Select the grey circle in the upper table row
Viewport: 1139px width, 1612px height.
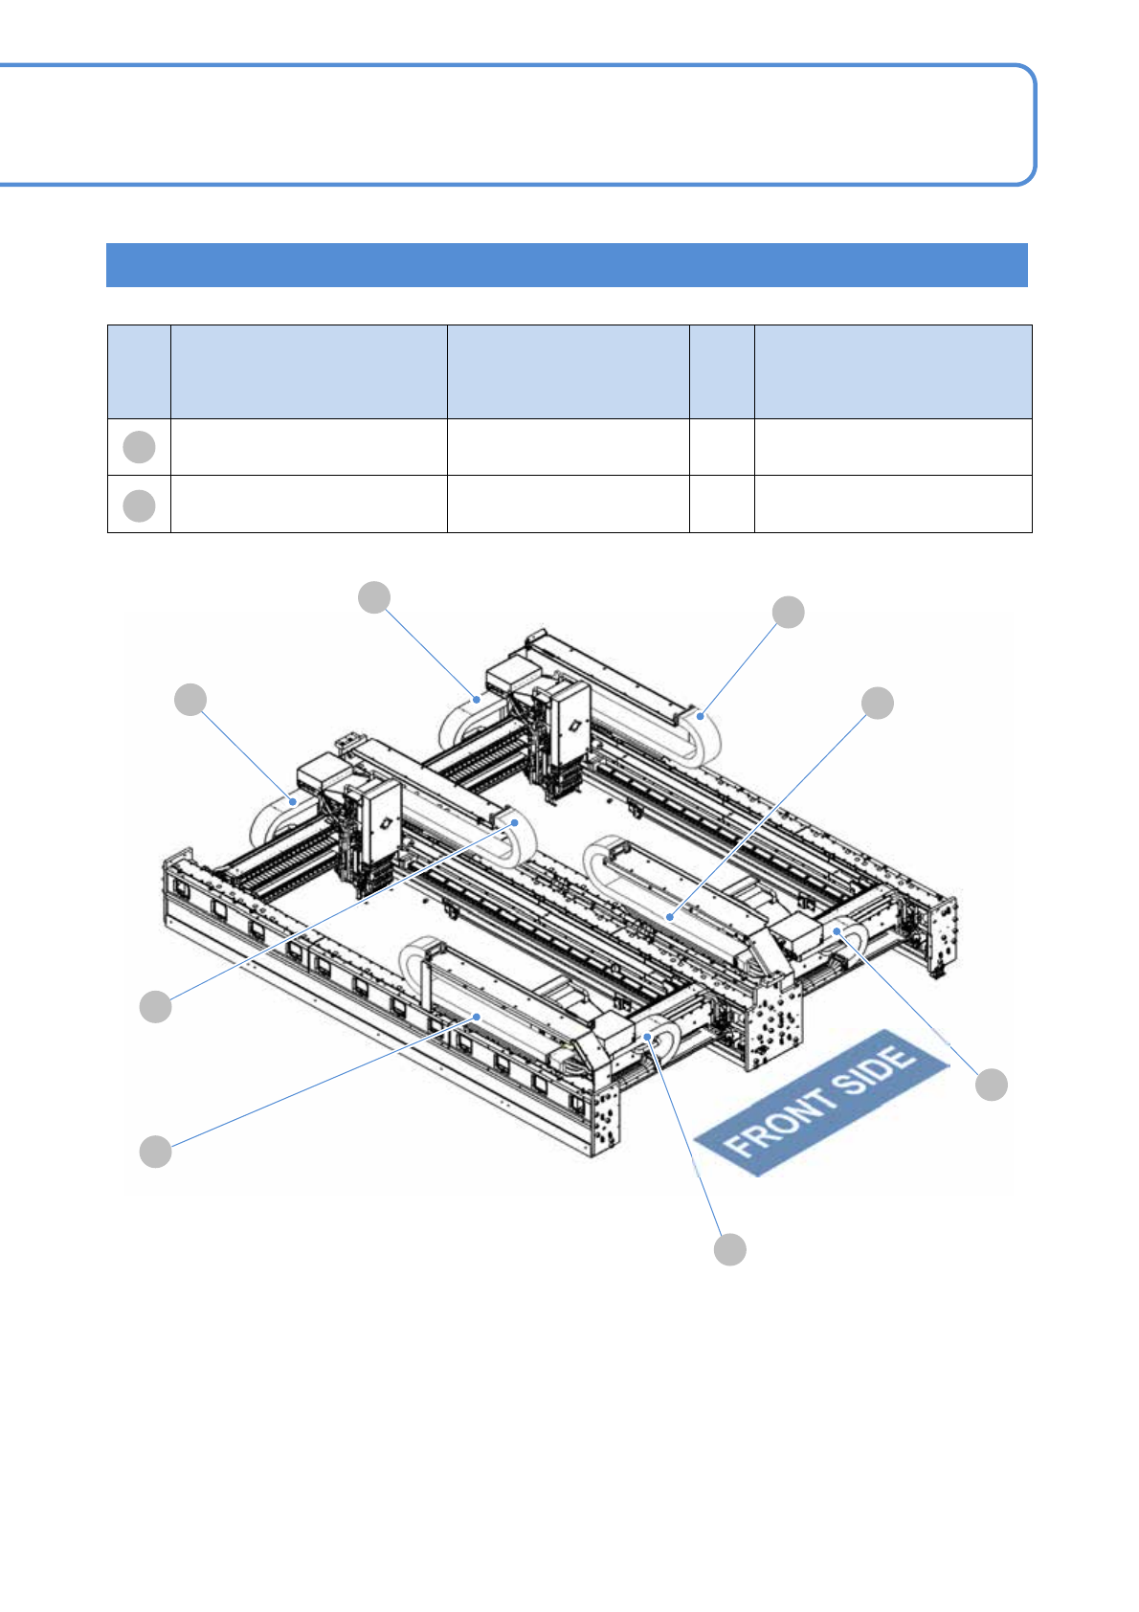click(x=139, y=447)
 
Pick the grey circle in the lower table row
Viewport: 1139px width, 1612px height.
click(x=139, y=505)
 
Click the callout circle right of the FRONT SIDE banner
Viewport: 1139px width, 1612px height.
click(x=991, y=1085)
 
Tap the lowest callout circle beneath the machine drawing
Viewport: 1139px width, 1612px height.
click(x=729, y=1249)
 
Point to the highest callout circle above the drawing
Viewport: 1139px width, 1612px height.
click(x=374, y=597)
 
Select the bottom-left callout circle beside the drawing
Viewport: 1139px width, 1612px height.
click(x=155, y=1152)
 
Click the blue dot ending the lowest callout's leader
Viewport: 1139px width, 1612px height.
click(x=648, y=1037)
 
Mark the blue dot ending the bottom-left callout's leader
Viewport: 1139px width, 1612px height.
click(x=477, y=1017)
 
